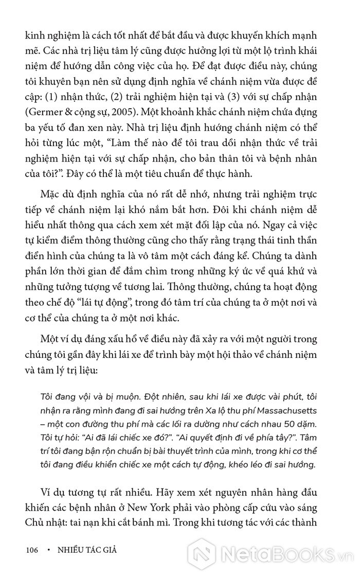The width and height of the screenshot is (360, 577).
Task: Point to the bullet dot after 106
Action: (x=48, y=550)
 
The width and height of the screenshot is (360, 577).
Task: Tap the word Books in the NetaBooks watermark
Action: (x=295, y=552)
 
